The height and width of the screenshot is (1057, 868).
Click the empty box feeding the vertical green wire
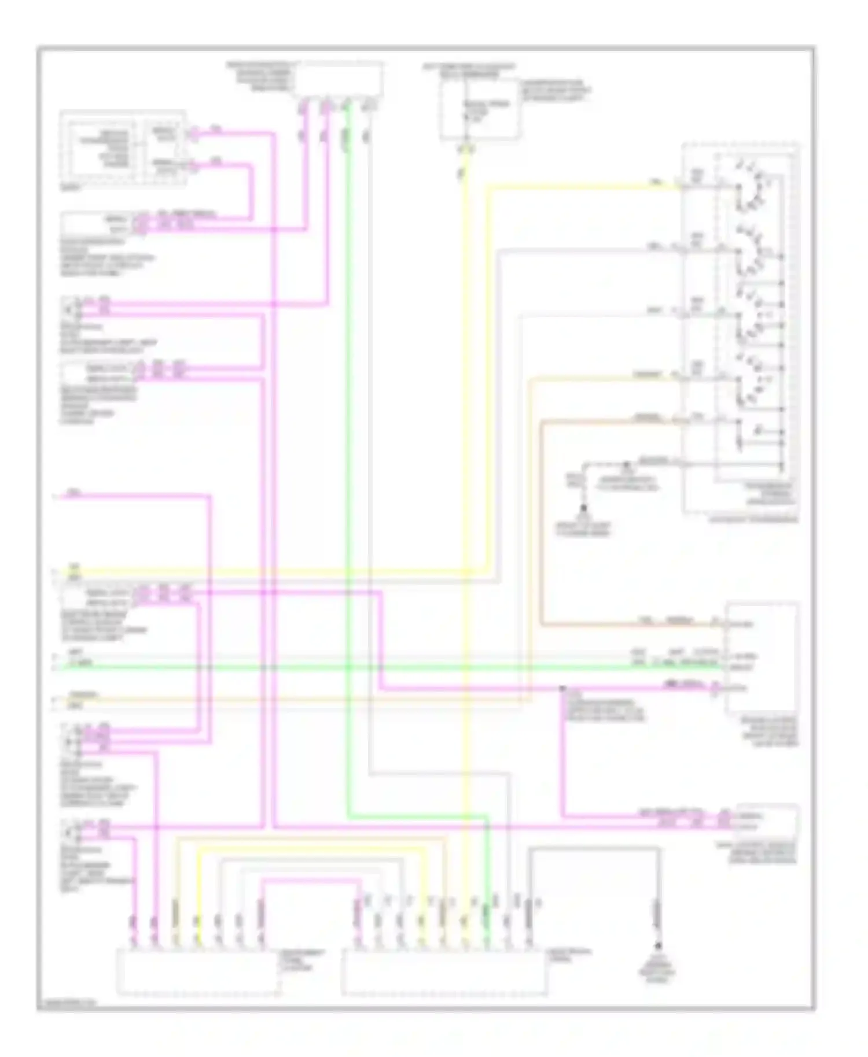click(x=338, y=79)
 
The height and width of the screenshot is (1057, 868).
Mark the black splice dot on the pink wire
click(x=561, y=689)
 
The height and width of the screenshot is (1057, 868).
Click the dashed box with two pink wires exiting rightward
click(x=123, y=149)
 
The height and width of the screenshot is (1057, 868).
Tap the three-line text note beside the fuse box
click(x=556, y=91)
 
